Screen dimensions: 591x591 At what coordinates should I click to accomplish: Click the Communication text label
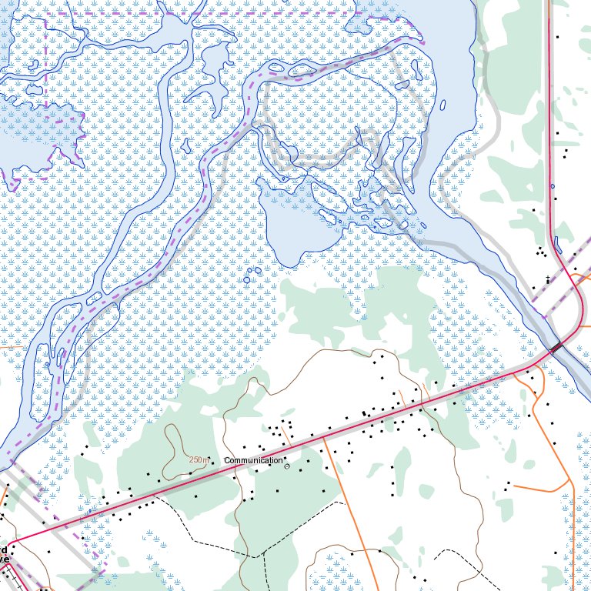tap(253, 460)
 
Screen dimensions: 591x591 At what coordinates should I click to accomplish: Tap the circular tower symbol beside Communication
tap(287, 466)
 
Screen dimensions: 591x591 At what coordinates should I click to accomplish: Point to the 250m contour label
tap(199, 459)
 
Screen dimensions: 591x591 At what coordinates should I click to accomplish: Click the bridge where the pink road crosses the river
tap(556, 349)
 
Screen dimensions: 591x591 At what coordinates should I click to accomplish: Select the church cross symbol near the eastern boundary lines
tap(547, 279)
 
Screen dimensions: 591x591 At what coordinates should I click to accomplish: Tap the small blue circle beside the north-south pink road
tap(552, 186)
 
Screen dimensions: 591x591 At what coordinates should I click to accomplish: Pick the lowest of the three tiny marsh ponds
tap(247, 280)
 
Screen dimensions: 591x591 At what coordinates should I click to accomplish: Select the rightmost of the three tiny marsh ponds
tap(259, 271)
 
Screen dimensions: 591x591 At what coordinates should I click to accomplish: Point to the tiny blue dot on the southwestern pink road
tap(91, 510)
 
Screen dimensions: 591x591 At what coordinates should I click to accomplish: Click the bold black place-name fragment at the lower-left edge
tap(4, 554)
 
